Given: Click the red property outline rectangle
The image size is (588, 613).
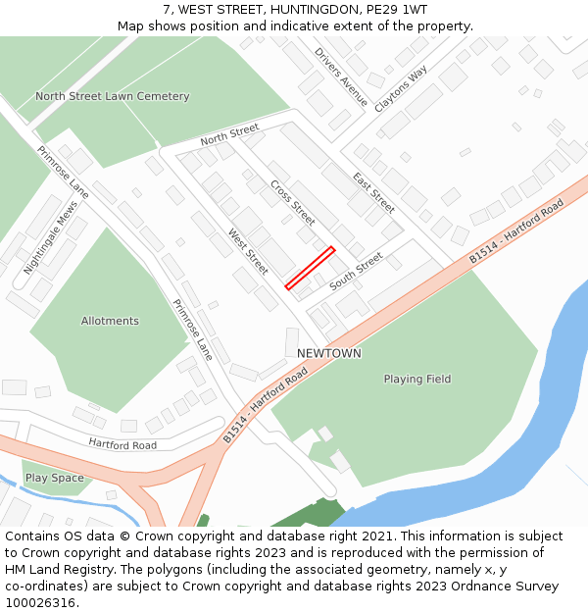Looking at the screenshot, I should [310, 268].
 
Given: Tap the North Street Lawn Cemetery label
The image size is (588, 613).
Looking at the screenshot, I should [113, 96].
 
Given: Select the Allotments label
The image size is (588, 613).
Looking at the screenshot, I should [110, 321].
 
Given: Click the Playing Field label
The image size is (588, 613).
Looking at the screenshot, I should [417, 379].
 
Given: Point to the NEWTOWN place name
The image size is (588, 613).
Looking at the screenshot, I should [329, 353].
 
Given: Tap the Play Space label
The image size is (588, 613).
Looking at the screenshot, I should [55, 478].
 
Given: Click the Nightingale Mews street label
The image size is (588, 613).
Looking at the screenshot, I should [50, 238].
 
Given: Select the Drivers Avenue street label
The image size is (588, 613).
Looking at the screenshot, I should [341, 77].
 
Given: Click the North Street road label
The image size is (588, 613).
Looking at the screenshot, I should [229, 134].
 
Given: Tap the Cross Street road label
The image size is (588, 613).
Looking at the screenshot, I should [292, 202].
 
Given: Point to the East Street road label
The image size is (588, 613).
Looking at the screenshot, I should [373, 192].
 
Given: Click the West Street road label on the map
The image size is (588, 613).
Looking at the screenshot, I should [247, 251].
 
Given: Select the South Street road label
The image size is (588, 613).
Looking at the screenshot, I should [356, 272].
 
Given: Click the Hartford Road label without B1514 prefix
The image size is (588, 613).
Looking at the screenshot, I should [122, 444].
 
